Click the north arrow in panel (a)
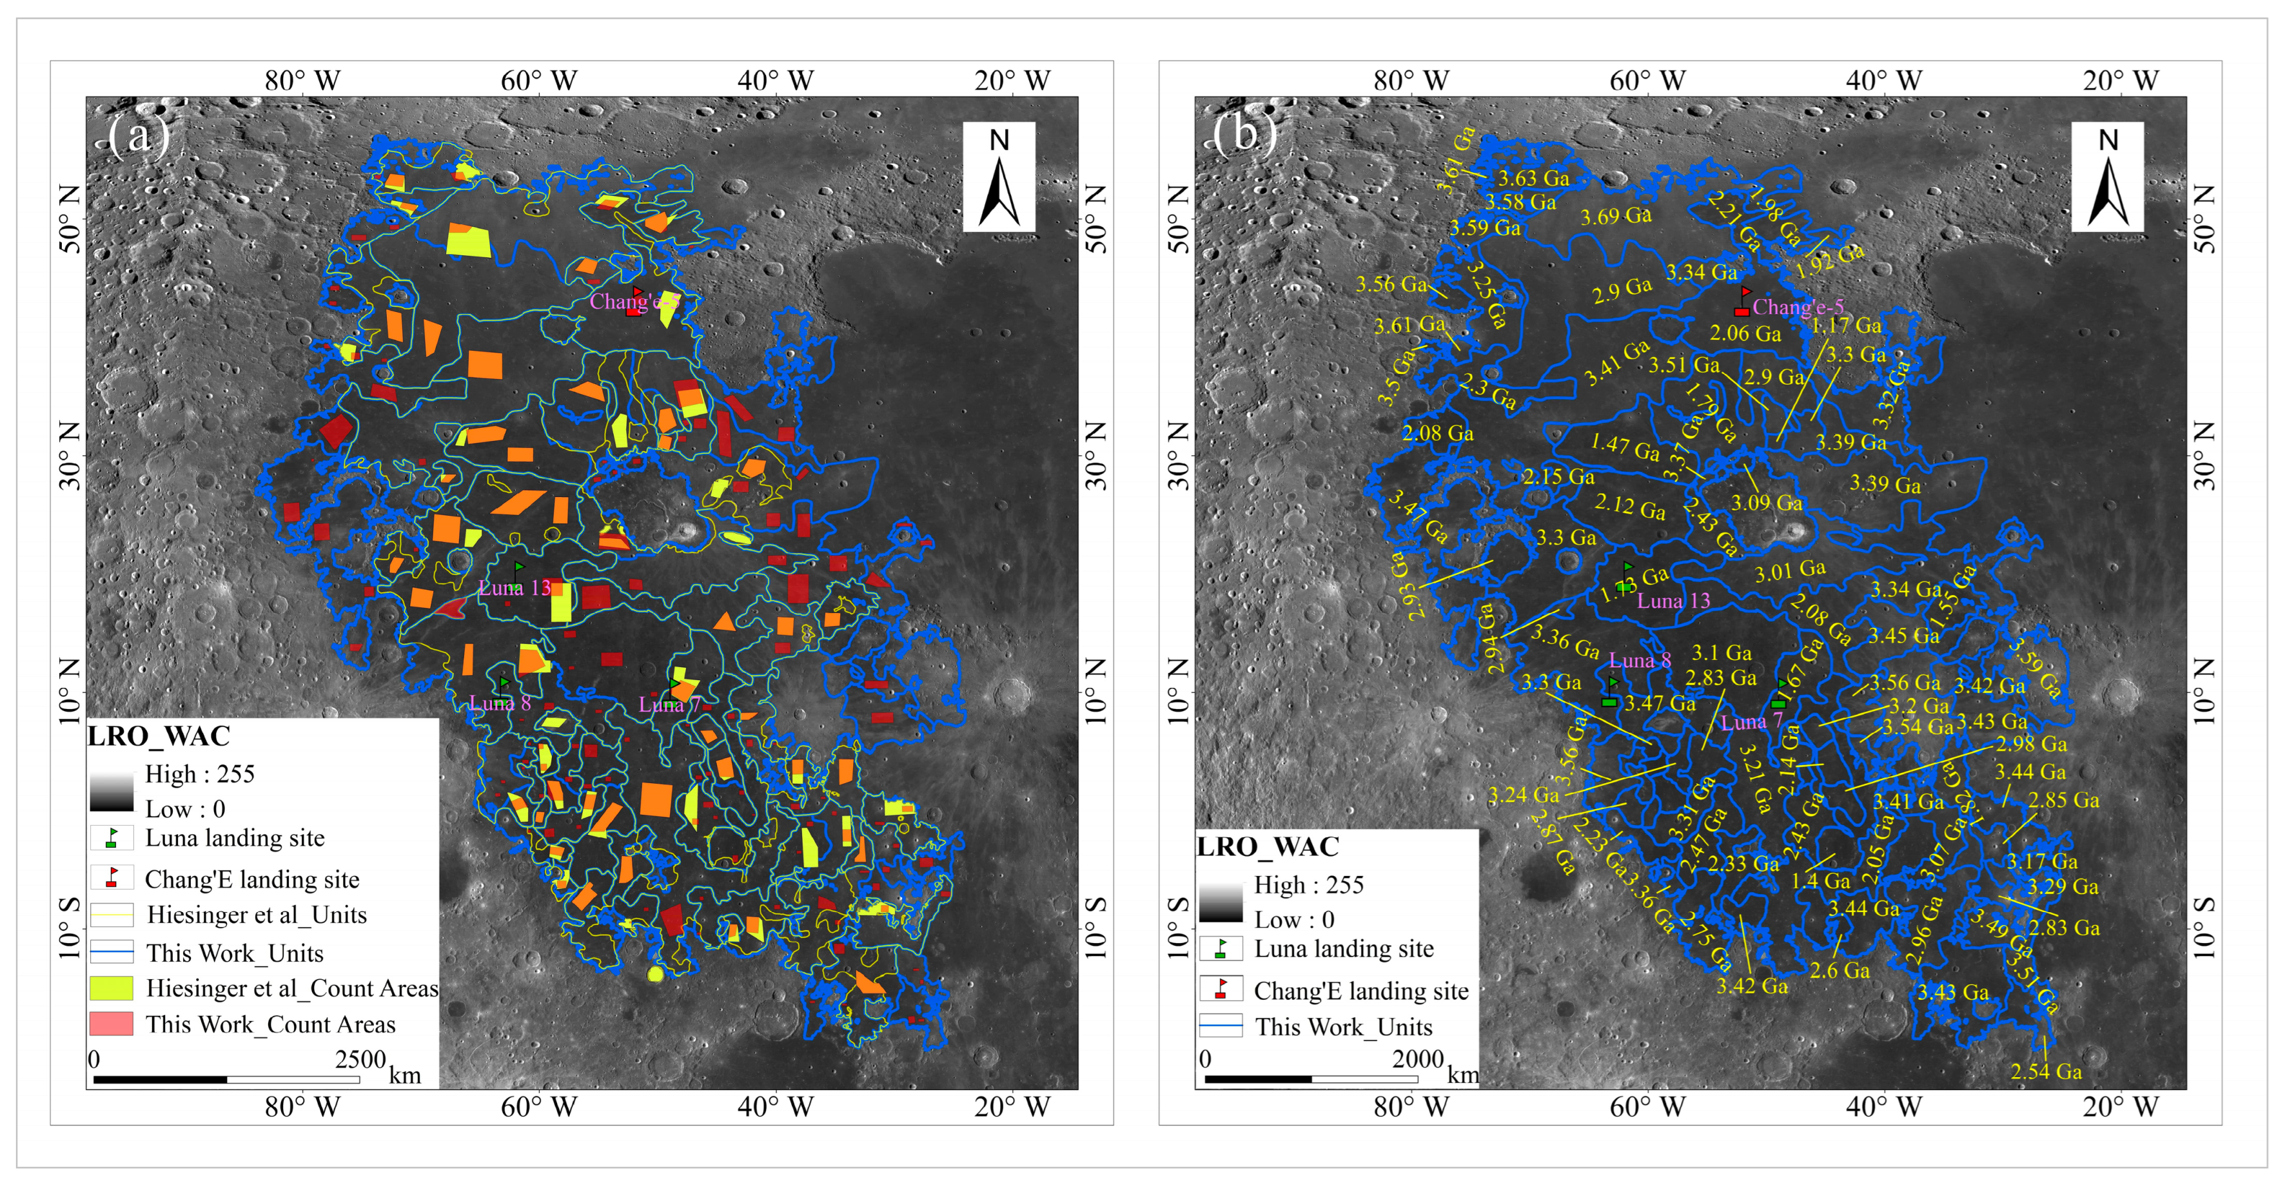pyautogui.click(x=999, y=177)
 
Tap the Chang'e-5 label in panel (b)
pyautogui.click(x=1798, y=307)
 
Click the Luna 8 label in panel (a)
pyautogui.click(x=500, y=703)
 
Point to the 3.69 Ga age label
pyautogui.click(x=1616, y=216)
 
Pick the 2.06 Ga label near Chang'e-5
pyautogui.click(x=1745, y=334)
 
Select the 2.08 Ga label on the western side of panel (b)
pyautogui.click(x=1437, y=433)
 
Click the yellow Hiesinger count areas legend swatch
pyautogui.click(x=111, y=988)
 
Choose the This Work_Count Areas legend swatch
pyautogui.click(x=111, y=1024)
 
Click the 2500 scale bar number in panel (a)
pyautogui.click(x=360, y=1059)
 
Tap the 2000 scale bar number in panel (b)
pyautogui.click(x=1418, y=1059)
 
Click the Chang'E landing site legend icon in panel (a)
pyautogui.click(x=112, y=878)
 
